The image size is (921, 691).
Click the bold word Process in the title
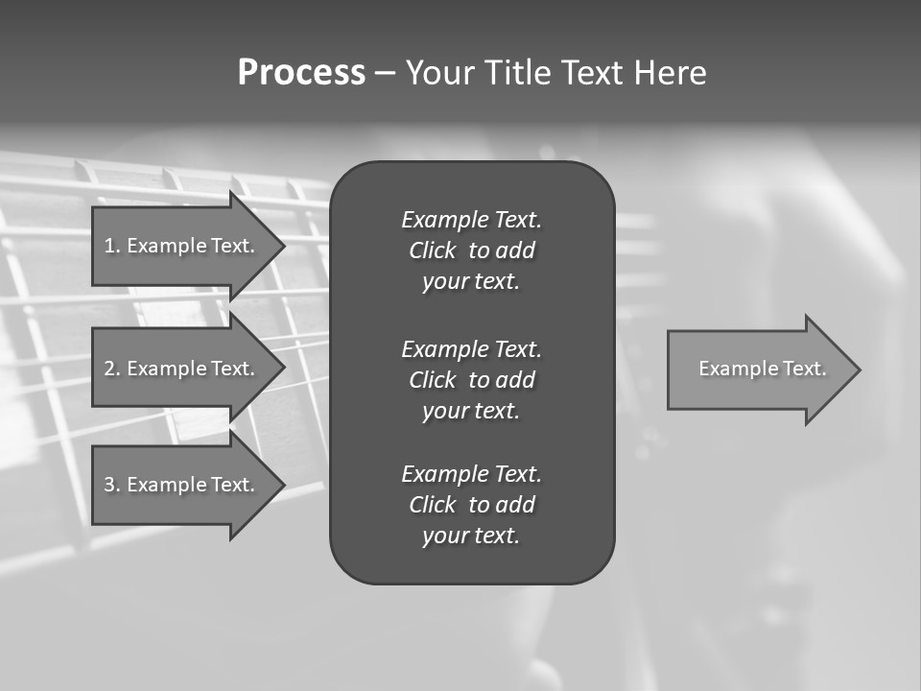(x=301, y=73)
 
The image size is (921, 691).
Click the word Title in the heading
(x=514, y=73)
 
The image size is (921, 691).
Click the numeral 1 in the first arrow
(x=109, y=246)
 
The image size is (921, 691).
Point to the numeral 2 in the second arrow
(x=109, y=369)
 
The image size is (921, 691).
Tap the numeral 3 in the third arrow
(x=109, y=485)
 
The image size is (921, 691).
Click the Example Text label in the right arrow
(x=762, y=369)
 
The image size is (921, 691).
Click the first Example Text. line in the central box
(x=471, y=220)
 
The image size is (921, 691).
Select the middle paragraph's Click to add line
(x=471, y=380)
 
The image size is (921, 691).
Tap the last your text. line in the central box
(x=471, y=536)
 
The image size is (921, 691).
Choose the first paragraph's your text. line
(x=471, y=281)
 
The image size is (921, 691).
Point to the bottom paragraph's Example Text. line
(x=471, y=474)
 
